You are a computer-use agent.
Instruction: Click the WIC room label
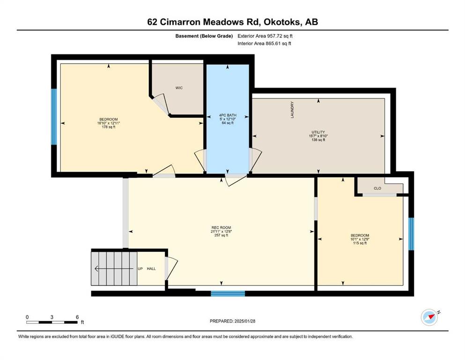coord(179,88)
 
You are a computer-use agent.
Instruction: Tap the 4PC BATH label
coord(228,115)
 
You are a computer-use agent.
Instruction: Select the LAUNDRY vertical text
coord(292,110)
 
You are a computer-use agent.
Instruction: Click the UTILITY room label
coord(318,132)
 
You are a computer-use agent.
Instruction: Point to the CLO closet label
coord(377,188)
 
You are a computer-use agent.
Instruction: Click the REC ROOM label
coord(221,228)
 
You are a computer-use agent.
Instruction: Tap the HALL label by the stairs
coord(151,269)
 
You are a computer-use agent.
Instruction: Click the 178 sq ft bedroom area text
coord(109,127)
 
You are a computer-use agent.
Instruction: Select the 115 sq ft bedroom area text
coord(360,243)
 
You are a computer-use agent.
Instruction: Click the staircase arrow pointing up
coord(114,269)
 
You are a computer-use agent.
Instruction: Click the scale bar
coord(52,322)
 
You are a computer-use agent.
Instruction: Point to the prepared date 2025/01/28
coord(244,321)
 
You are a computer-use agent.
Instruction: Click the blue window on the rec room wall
coord(228,293)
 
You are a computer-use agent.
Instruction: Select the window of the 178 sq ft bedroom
coord(54,117)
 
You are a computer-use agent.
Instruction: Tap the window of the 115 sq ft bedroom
coord(411,234)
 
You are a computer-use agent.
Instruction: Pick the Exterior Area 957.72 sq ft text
coord(265,36)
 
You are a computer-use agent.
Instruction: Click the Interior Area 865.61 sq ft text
coord(264,43)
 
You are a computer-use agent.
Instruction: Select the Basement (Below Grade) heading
coord(204,36)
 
